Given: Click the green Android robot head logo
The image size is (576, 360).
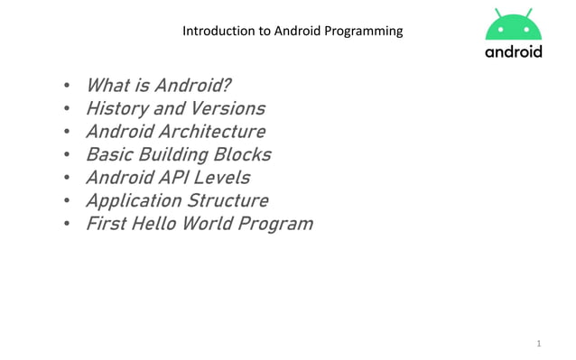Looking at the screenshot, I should point(514,25).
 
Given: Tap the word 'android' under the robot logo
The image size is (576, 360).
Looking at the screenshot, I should point(514,51).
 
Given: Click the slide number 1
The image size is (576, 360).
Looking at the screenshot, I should point(539,344).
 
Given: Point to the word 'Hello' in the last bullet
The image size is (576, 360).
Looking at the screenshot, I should point(153,223).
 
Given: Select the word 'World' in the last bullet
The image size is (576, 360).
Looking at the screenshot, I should point(207,223).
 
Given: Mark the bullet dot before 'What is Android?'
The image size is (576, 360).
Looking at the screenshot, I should point(67,88).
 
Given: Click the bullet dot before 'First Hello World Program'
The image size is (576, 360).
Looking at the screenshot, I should point(67,225).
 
